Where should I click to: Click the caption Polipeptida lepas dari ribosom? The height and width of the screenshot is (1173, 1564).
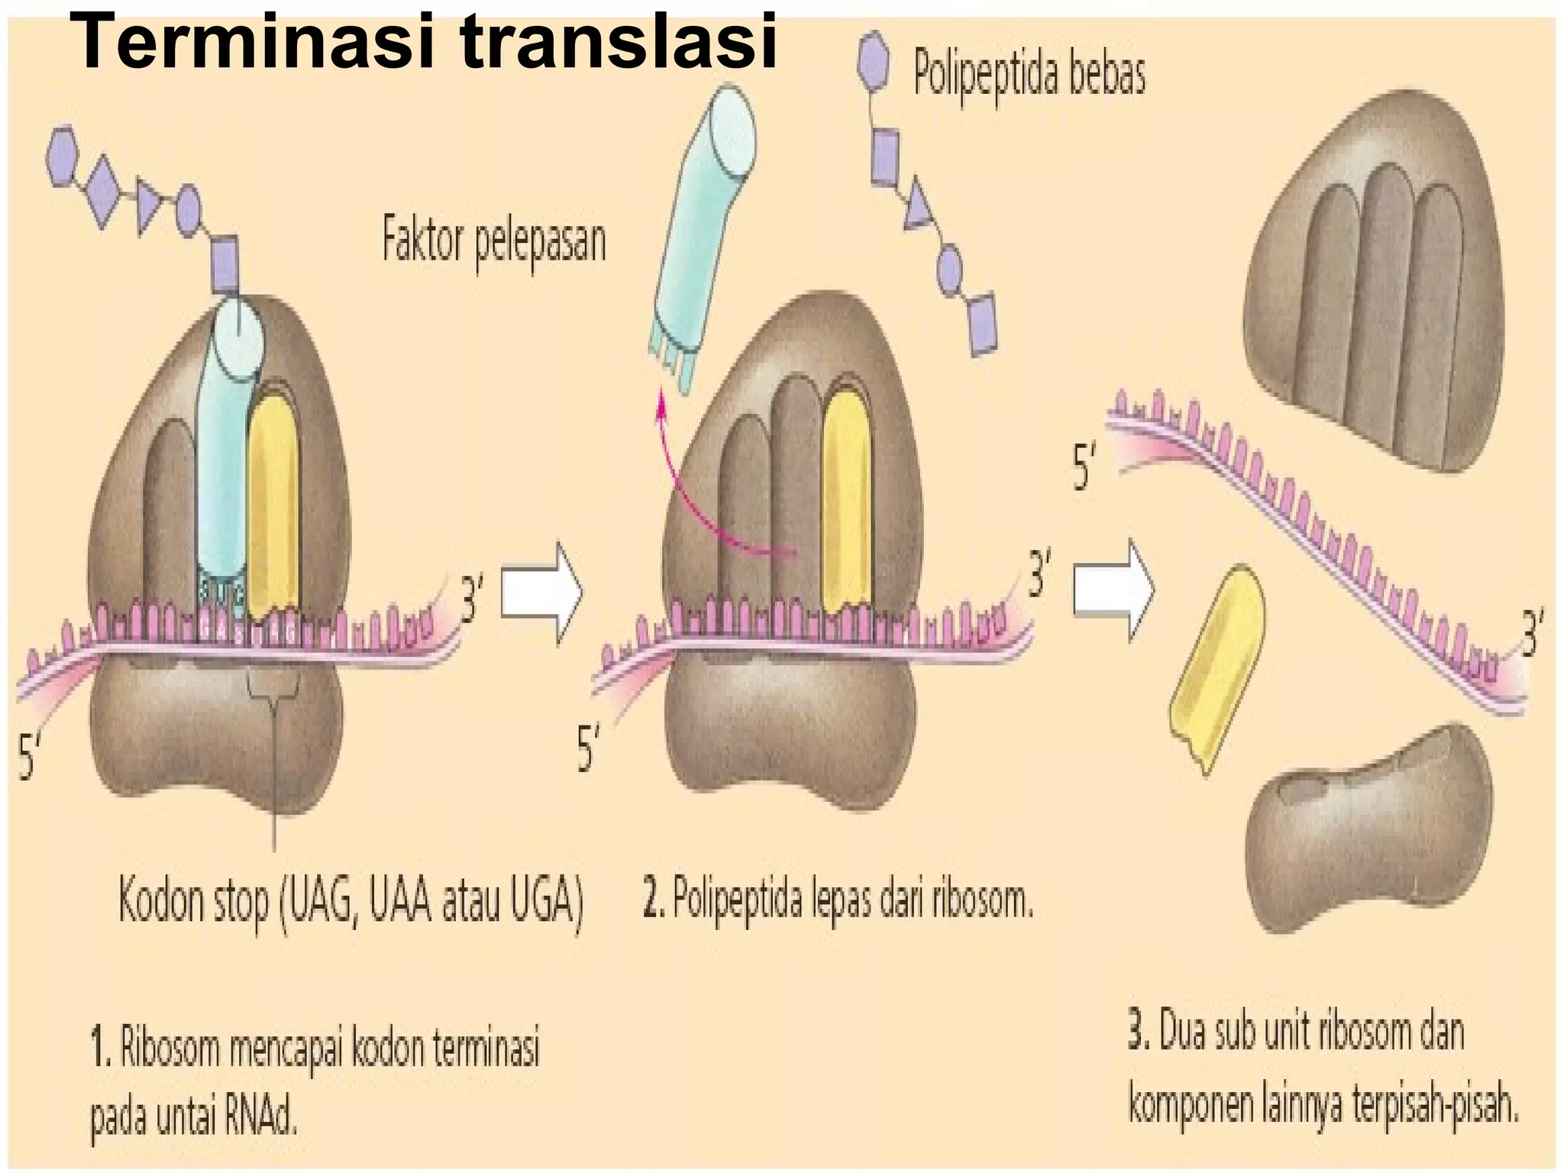click(838, 903)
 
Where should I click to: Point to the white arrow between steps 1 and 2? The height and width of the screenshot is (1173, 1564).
click(541, 593)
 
